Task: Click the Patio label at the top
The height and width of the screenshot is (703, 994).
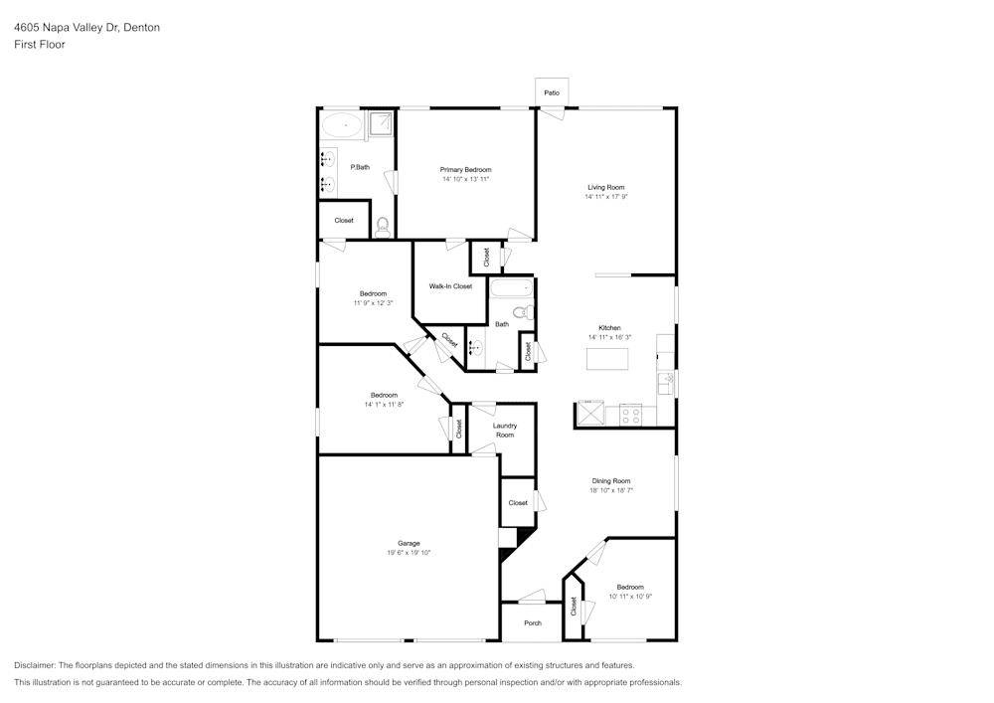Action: tap(552, 92)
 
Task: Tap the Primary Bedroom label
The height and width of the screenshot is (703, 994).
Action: tap(465, 170)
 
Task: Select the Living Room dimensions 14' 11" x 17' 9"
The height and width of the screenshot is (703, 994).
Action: tap(605, 197)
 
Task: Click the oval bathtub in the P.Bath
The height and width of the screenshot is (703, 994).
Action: tap(342, 125)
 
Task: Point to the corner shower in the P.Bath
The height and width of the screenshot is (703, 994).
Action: tap(381, 123)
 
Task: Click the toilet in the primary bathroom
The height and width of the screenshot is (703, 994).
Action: tap(382, 226)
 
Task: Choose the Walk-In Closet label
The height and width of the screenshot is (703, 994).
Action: tap(450, 286)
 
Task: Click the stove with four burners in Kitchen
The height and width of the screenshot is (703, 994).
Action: tap(630, 415)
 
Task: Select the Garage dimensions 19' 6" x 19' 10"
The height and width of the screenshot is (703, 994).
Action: tap(409, 553)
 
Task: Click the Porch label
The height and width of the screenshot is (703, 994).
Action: tap(533, 623)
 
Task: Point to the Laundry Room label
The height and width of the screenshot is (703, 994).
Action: tap(505, 431)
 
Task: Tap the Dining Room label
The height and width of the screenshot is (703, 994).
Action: tap(611, 480)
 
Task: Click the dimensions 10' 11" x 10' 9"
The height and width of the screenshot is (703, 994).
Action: tap(629, 597)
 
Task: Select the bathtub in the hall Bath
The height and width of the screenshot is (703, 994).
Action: tap(511, 289)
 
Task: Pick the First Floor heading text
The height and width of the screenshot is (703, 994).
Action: tap(40, 45)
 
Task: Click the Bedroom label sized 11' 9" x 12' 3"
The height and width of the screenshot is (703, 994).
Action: tap(373, 293)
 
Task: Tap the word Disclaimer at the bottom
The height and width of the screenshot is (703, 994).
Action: tap(35, 665)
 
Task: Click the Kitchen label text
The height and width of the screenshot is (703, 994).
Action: tap(609, 327)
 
